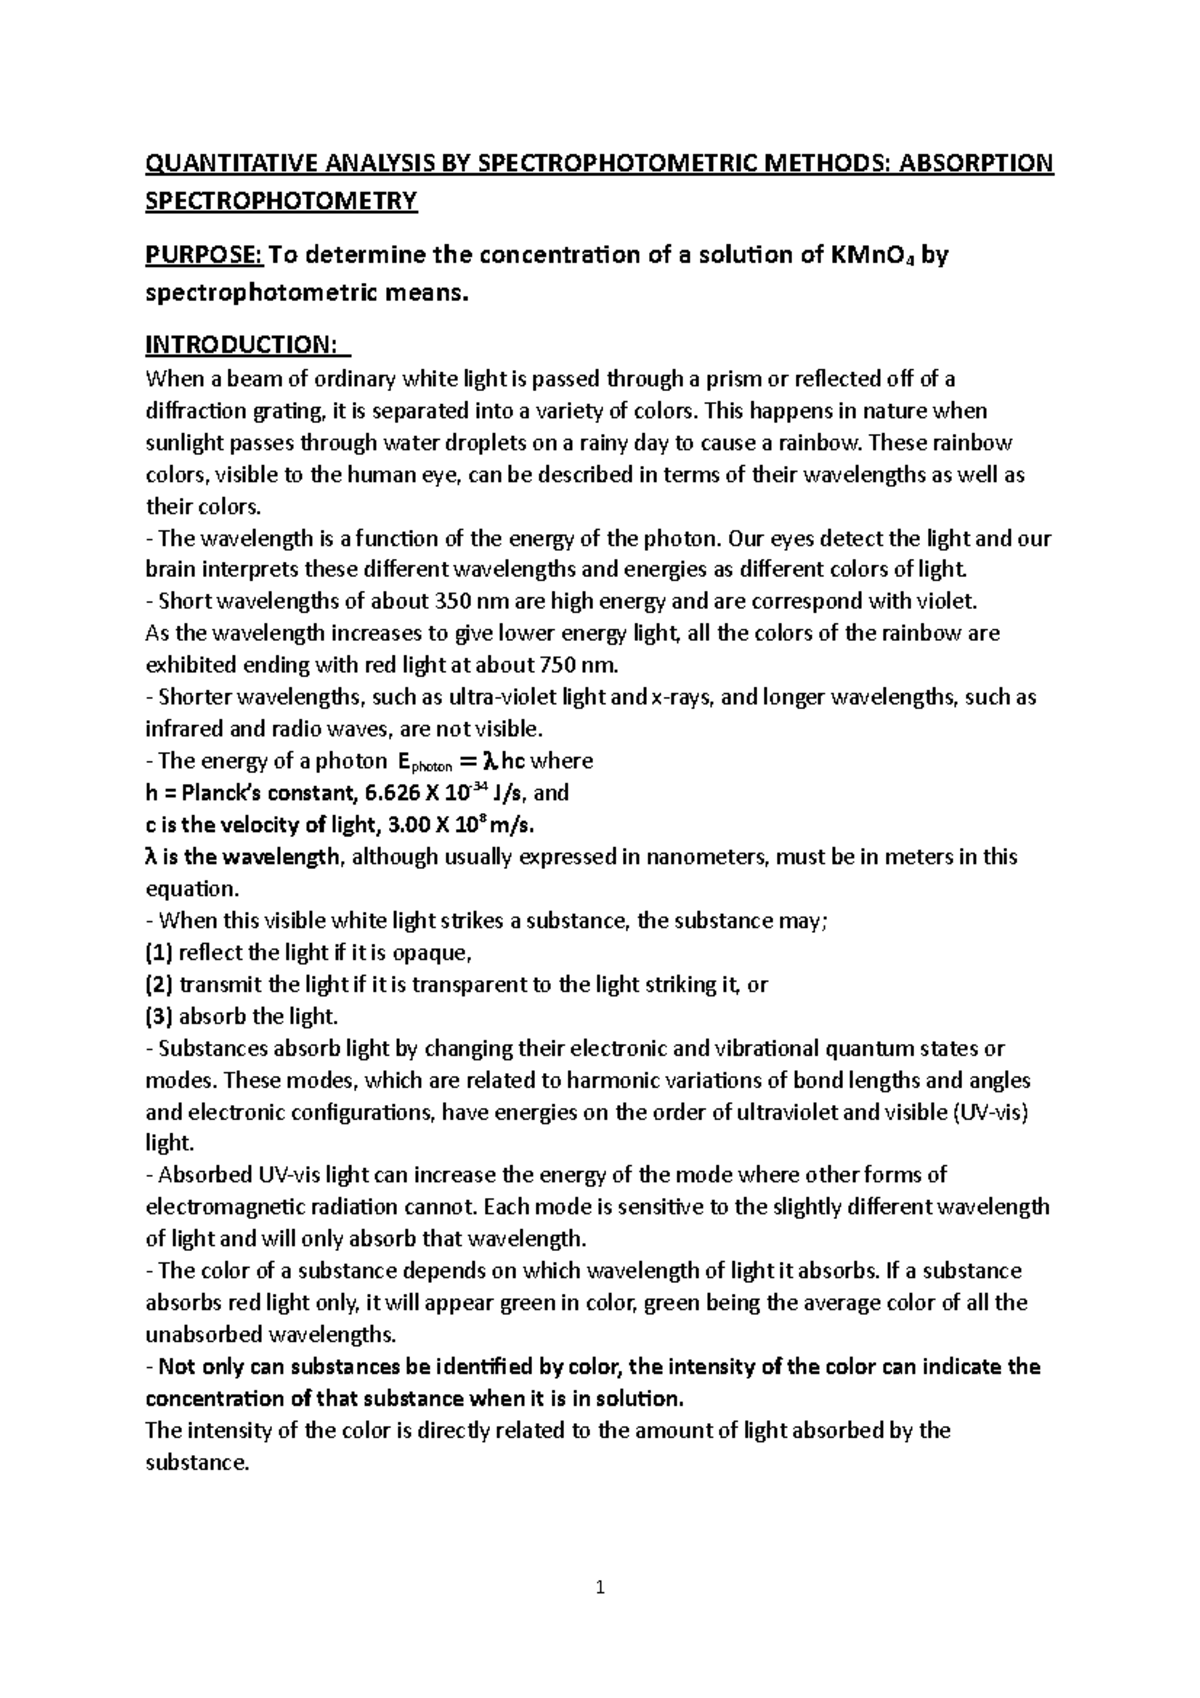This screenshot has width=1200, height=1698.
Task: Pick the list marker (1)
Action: click(x=159, y=952)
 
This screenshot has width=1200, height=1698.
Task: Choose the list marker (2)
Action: click(x=159, y=984)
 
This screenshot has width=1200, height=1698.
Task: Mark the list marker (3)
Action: click(x=159, y=1016)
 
